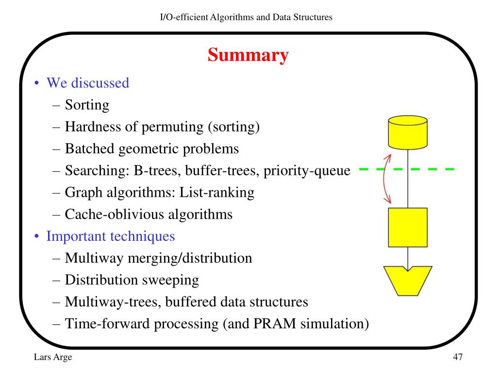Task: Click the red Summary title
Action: [248, 55]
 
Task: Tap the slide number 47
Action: [458, 357]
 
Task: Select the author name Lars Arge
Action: [52, 357]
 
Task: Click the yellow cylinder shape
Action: [408, 132]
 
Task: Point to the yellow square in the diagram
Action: [408, 227]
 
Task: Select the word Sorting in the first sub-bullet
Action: [87, 105]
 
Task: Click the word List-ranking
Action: [217, 192]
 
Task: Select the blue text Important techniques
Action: [110, 237]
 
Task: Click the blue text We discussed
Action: [87, 83]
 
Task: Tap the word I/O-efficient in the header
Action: [184, 17]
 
